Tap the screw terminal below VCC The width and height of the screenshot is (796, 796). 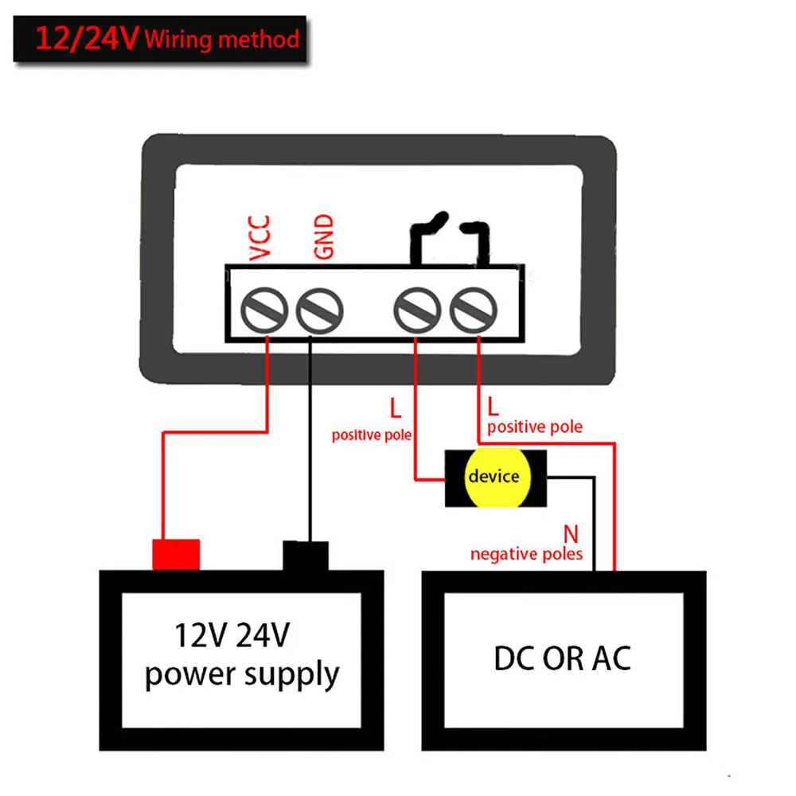[x=266, y=310]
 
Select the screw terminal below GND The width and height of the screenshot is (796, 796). [x=319, y=310]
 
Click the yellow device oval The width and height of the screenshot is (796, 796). [x=494, y=477]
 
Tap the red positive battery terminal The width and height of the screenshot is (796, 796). [x=176, y=554]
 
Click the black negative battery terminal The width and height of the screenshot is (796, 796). [x=306, y=555]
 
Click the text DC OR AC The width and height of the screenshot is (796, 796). [x=562, y=658]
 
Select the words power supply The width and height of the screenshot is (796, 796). [x=242, y=675]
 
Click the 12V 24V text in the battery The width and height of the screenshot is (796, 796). [x=232, y=636]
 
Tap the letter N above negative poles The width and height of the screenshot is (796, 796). [x=570, y=533]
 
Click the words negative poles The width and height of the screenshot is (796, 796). [x=526, y=553]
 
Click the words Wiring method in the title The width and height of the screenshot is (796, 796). [x=222, y=39]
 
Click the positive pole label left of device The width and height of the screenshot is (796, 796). [x=372, y=435]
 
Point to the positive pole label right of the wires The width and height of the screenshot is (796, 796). [x=534, y=427]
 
